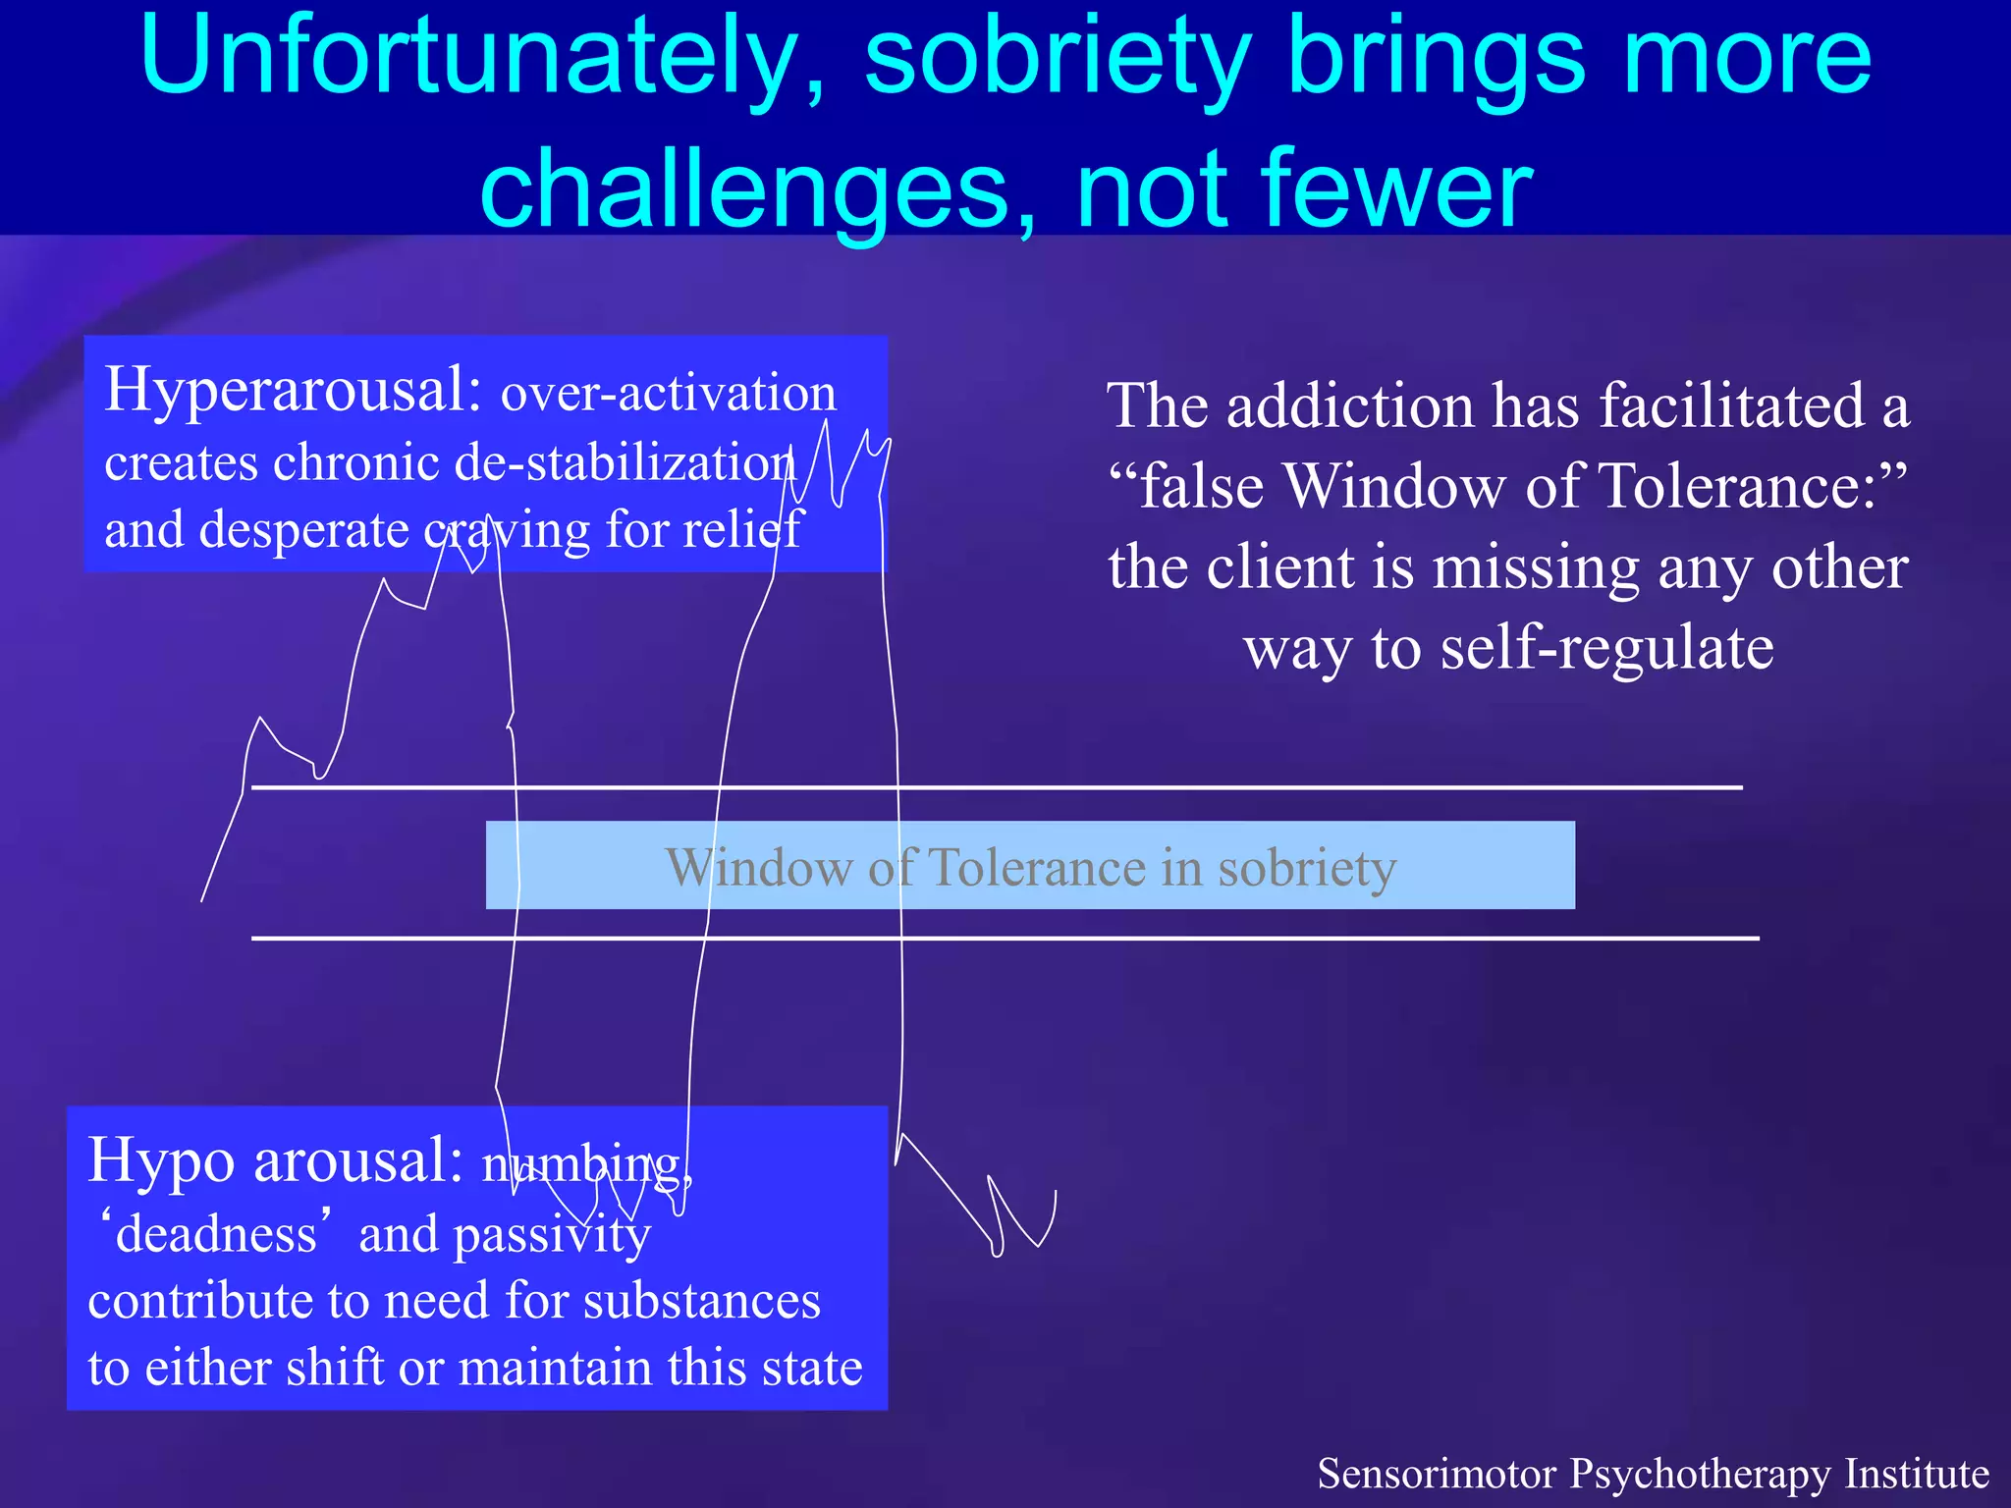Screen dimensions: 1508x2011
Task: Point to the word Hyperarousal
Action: tap(293, 391)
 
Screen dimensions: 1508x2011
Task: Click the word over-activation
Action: tap(669, 393)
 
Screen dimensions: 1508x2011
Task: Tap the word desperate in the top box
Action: tap(304, 530)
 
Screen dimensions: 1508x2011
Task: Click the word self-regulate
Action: tap(1606, 648)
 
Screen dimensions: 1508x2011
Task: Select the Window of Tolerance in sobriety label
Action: tap(1030, 867)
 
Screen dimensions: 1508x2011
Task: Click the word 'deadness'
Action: tap(216, 1234)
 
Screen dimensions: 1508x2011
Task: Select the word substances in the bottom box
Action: tap(701, 1301)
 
